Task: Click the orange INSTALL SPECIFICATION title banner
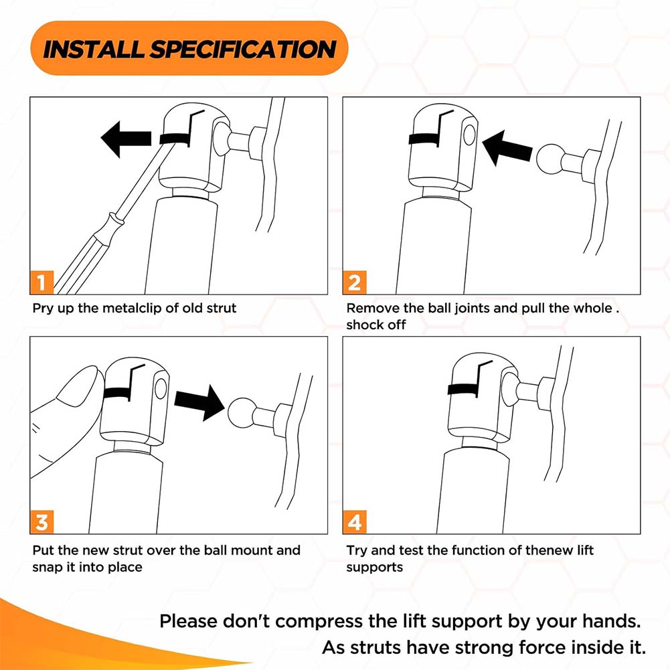tap(189, 48)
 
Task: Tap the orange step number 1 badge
tap(41, 282)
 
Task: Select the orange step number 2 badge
tap(355, 282)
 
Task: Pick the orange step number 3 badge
tap(41, 521)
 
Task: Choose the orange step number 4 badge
tap(355, 521)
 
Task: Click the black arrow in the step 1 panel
tap(126, 139)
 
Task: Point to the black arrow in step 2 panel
tap(507, 148)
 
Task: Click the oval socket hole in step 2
tap(469, 135)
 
